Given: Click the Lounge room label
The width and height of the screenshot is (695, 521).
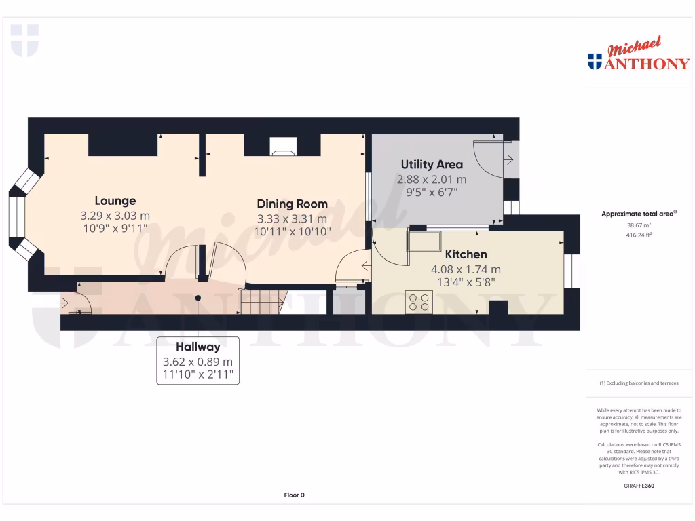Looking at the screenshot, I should (115, 201).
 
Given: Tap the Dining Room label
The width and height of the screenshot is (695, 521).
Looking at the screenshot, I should (292, 204).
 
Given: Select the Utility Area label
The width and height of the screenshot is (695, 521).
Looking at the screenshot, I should (432, 164).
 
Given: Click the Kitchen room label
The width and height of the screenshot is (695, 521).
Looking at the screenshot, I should (466, 254).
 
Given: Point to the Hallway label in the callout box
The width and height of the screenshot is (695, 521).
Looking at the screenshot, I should (198, 346).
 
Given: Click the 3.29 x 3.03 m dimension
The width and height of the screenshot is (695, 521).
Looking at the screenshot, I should (115, 216).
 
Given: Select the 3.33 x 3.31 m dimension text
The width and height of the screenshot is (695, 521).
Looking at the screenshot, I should (292, 218).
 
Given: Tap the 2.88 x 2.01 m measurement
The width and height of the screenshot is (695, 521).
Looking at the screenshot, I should (432, 180).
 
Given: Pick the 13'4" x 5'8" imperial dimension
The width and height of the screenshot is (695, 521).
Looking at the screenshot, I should (466, 282).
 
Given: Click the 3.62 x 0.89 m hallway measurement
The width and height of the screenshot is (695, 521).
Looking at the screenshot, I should (198, 362).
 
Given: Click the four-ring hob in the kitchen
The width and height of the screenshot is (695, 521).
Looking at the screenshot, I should (419, 301).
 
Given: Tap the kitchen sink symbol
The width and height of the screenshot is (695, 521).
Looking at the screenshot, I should (423, 240).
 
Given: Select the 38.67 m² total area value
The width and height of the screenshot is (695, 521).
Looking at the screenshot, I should (638, 225).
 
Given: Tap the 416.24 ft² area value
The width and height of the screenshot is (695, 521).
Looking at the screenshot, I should (638, 235).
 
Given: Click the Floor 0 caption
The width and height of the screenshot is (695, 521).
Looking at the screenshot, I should (294, 495).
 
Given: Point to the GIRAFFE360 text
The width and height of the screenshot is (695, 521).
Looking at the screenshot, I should (638, 486).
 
